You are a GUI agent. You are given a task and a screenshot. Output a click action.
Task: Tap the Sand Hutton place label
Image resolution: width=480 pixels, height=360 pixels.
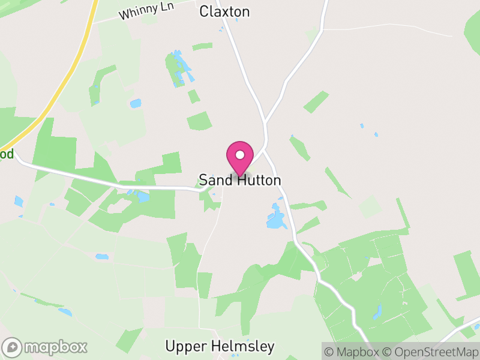click(240, 180)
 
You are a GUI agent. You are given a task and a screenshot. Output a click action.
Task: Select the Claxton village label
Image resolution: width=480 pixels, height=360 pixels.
click(224, 11)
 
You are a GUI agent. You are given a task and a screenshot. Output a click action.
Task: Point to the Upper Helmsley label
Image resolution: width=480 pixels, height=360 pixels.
click(220, 346)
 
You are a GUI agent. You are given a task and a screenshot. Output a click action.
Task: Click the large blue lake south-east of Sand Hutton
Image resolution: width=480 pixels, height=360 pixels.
click(277, 220)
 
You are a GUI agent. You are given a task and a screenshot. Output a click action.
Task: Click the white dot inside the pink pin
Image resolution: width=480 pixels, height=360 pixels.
click(240, 155)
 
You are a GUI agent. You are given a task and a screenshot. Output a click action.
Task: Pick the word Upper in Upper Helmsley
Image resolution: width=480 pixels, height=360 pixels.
click(186, 347)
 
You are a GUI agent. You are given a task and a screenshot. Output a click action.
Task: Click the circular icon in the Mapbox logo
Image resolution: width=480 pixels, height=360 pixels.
click(13, 347)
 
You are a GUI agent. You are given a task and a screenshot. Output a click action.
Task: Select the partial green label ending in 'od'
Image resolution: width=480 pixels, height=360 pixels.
click(7, 154)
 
